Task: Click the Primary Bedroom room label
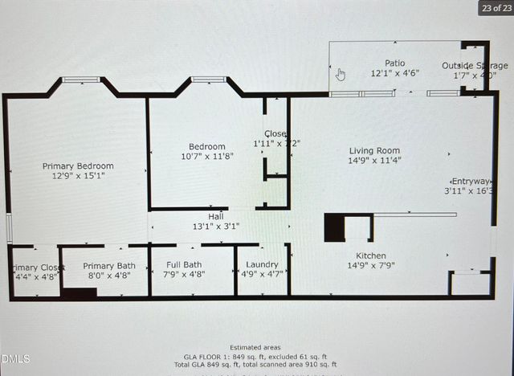coord(78,166)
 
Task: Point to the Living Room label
coord(374,150)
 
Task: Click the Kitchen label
coord(370,255)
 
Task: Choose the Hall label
coord(216,216)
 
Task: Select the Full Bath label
coord(184,264)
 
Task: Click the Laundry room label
coord(263,264)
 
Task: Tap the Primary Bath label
coord(109,266)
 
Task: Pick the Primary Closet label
coord(37,268)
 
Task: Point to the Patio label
coord(394,63)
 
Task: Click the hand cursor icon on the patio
coord(341,75)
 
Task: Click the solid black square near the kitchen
coord(335,228)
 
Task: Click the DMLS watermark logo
coord(15,359)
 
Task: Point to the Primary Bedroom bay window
coord(81,80)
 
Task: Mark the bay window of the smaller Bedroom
coord(209,80)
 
